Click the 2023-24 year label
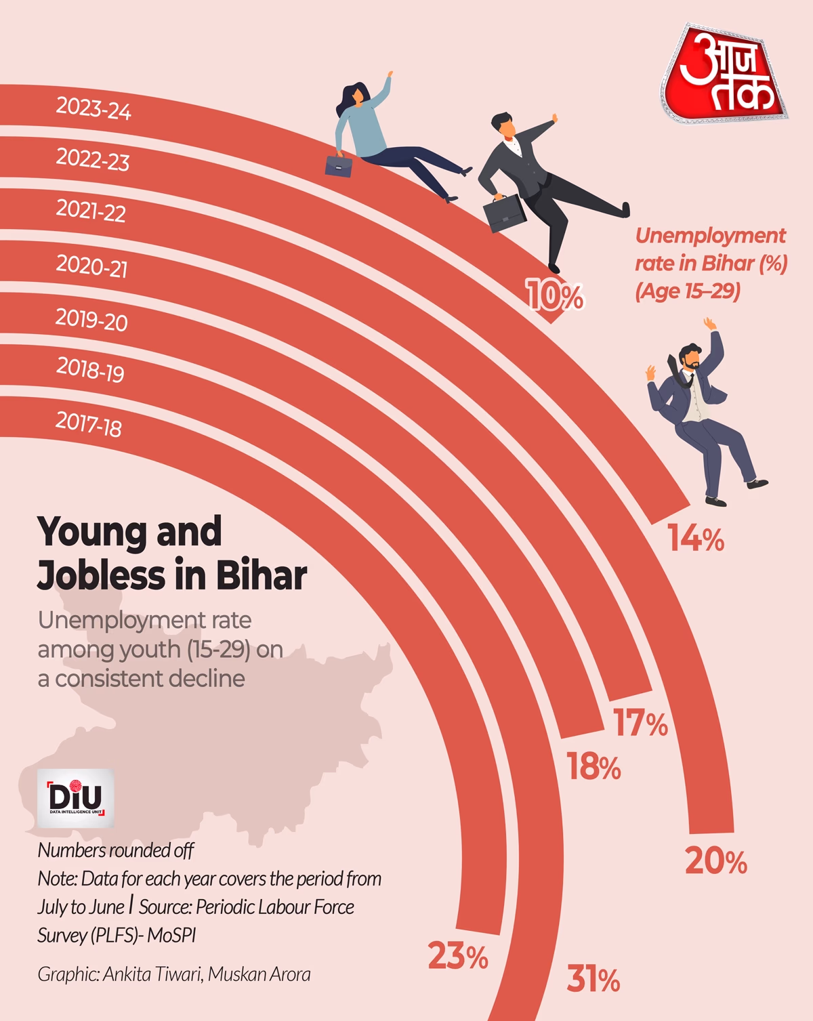[93, 108]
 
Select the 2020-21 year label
[91, 266]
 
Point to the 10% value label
[555, 296]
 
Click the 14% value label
[696, 539]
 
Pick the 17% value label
[640, 724]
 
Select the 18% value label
[593, 767]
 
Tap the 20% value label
[715, 862]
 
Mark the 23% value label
[458, 957]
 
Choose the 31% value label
[593, 980]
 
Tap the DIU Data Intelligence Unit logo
[75, 797]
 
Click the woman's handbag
[339, 165]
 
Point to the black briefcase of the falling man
[504, 213]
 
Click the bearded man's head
[690, 357]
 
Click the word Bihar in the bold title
[261, 576]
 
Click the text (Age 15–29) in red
[687, 291]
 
